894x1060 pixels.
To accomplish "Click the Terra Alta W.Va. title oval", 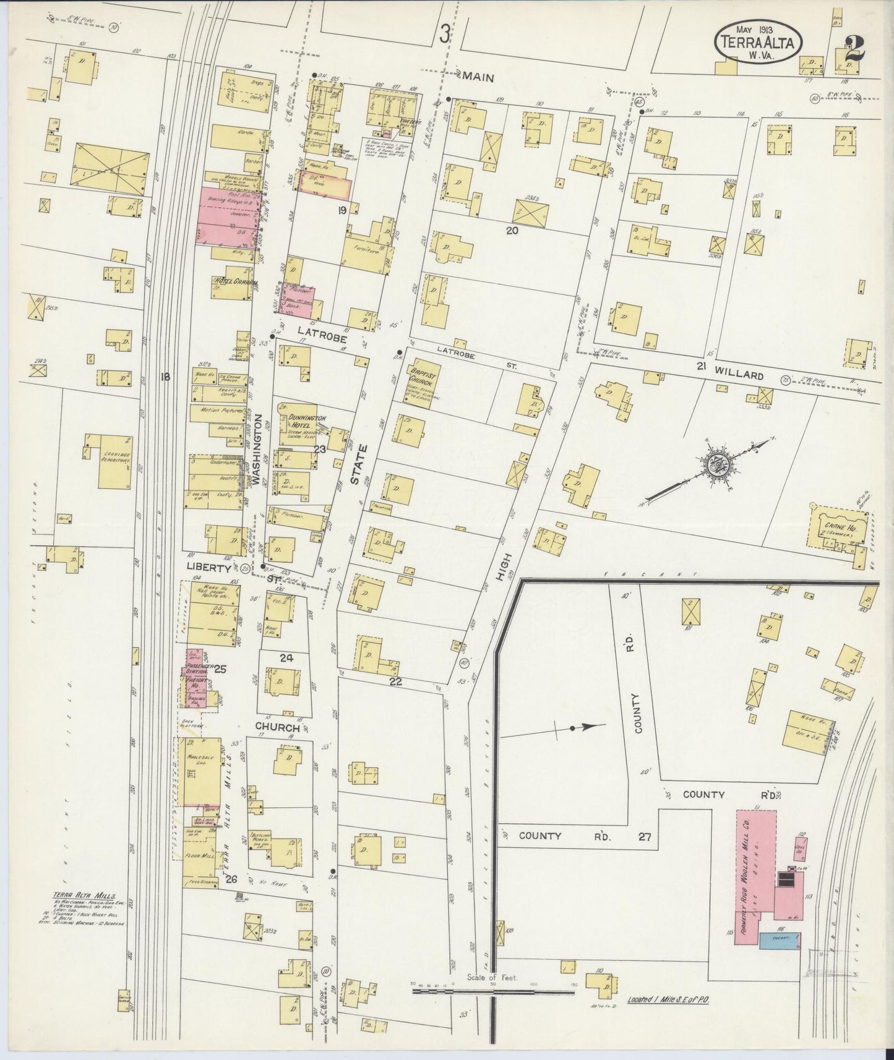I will pyautogui.click(x=759, y=41).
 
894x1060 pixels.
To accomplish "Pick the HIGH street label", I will pyautogui.click(x=502, y=566).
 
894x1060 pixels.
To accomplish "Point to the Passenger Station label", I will pyautogui.click(x=200, y=669).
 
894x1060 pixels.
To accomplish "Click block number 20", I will pyautogui.click(x=511, y=231).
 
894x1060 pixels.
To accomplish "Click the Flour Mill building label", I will pyautogui.click(x=200, y=857).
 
